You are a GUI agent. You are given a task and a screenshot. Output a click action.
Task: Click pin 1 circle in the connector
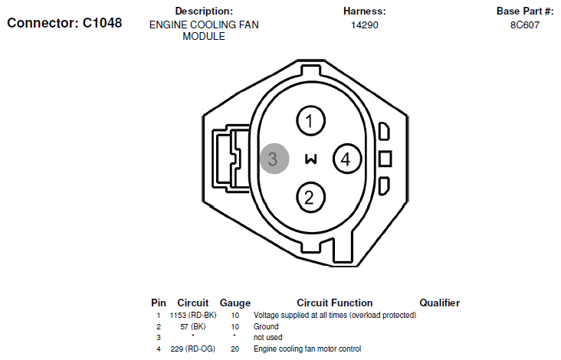310,121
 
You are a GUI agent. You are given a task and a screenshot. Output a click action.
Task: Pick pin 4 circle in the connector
346,159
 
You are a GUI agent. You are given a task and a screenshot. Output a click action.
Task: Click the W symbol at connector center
310,159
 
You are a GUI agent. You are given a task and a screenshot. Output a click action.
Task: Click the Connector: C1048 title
64,22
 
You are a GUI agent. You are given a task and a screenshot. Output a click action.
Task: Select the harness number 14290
364,25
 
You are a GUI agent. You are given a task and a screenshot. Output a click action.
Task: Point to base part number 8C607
524,25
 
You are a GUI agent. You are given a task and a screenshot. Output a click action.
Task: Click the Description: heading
204,11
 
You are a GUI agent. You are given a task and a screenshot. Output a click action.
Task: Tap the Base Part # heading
524,11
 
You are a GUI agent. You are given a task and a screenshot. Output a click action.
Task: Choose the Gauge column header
235,303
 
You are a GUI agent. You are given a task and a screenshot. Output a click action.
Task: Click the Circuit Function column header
334,303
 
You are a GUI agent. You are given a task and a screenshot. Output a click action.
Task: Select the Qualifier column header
439,303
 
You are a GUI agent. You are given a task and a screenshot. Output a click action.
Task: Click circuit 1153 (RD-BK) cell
192,315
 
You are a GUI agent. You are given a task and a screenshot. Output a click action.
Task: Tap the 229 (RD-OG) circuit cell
192,349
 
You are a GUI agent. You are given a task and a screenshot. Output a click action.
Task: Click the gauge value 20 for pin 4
235,349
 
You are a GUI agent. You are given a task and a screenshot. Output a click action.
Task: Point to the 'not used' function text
269,338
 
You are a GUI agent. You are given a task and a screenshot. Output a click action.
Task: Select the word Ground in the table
266,326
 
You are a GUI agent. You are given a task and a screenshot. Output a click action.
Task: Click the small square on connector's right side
385,159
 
